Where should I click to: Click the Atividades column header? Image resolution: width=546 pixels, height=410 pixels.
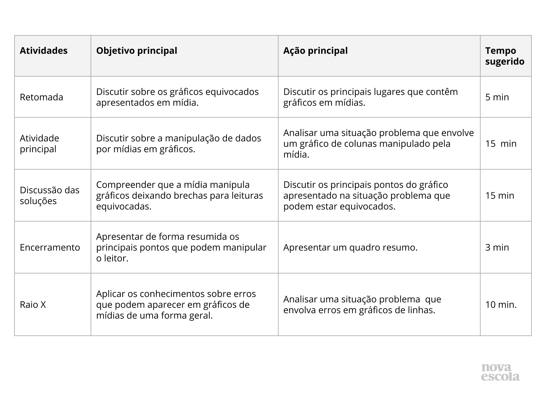click(x=44, y=51)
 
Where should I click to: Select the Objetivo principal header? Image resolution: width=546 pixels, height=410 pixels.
click(x=136, y=51)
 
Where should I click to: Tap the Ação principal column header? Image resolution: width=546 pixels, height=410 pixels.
click(x=315, y=51)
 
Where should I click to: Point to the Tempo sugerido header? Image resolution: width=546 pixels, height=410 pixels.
click(x=505, y=56)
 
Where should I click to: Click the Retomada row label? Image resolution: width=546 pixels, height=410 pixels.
click(x=41, y=97)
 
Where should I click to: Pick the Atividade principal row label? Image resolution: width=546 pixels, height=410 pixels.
click(x=39, y=143)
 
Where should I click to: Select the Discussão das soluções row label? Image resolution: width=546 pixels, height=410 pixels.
click(x=49, y=195)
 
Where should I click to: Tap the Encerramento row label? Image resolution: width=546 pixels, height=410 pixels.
click(x=50, y=247)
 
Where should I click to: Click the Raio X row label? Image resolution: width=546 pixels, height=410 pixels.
click(x=33, y=304)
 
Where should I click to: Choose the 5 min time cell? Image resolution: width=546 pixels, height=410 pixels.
click(x=497, y=97)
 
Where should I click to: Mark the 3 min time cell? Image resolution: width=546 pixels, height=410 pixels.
click(x=497, y=247)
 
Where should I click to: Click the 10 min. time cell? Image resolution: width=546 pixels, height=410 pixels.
click(x=501, y=304)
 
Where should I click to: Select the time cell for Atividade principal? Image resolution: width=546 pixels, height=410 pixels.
click(x=501, y=143)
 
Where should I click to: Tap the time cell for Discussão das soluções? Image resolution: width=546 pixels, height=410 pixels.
click(x=500, y=195)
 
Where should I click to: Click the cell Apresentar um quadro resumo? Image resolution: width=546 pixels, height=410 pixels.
click(x=350, y=247)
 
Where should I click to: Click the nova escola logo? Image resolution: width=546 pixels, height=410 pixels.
click(x=500, y=372)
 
